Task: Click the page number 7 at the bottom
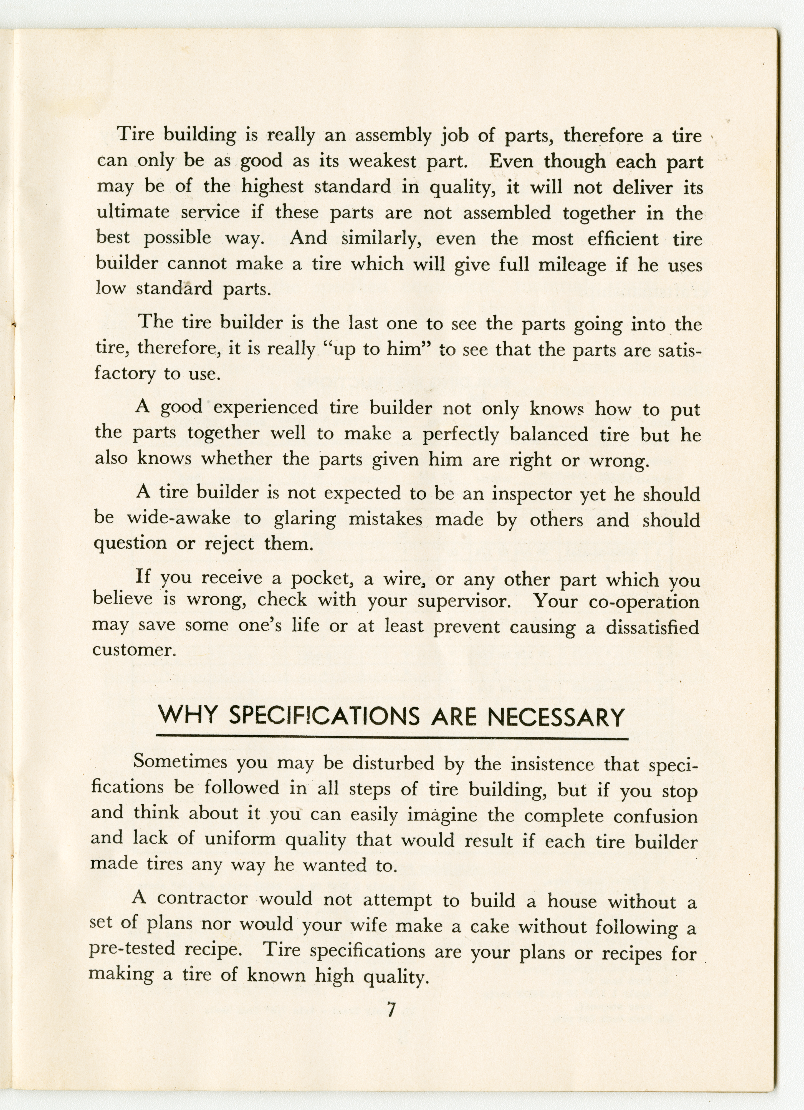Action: coord(391,1010)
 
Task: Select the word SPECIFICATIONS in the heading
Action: coord(324,717)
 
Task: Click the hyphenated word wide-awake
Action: coord(179,518)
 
